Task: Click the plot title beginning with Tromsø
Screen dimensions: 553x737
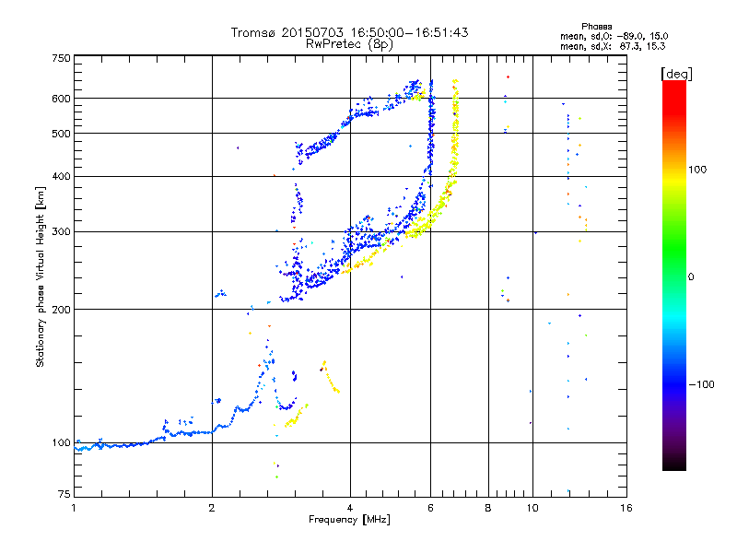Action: [x=349, y=32]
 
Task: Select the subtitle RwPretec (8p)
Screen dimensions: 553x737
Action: [x=349, y=43]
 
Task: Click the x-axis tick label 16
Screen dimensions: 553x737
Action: [x=626, y=508]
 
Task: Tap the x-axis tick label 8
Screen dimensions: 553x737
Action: [x=488, y=508]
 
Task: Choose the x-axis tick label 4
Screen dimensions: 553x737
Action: [x=350, y=508]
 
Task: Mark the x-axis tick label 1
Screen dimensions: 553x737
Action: [x=74, y=508]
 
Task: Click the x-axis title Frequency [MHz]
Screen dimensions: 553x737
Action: [x=349, y=521]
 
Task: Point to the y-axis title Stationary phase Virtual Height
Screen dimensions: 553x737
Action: [x=41, y=276]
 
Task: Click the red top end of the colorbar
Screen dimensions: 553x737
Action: [x=674, y=85]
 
